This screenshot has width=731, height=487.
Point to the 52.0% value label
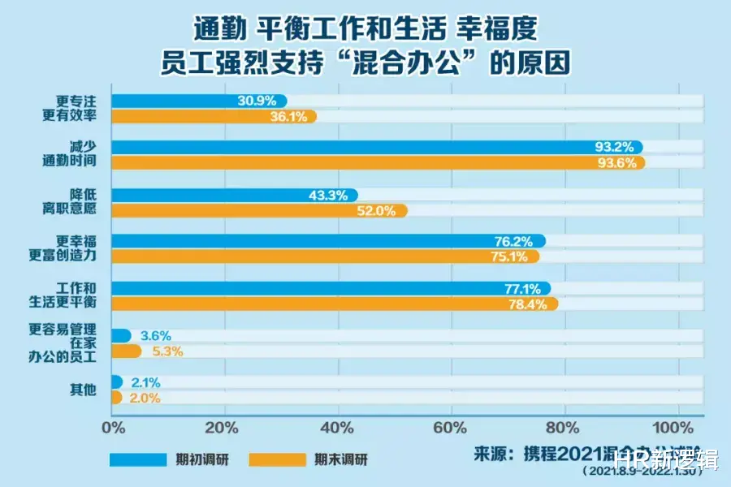point(377,210)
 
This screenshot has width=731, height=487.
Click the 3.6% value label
point(156,335)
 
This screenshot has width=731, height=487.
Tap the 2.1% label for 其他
point(145,382)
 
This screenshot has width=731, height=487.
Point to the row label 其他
point(83,390)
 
